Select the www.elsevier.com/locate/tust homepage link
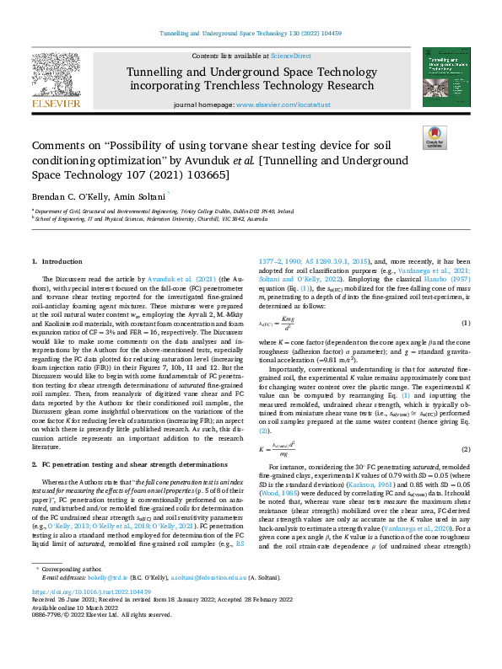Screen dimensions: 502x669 point(280,105)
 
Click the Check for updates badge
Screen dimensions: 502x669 point(434,137)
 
